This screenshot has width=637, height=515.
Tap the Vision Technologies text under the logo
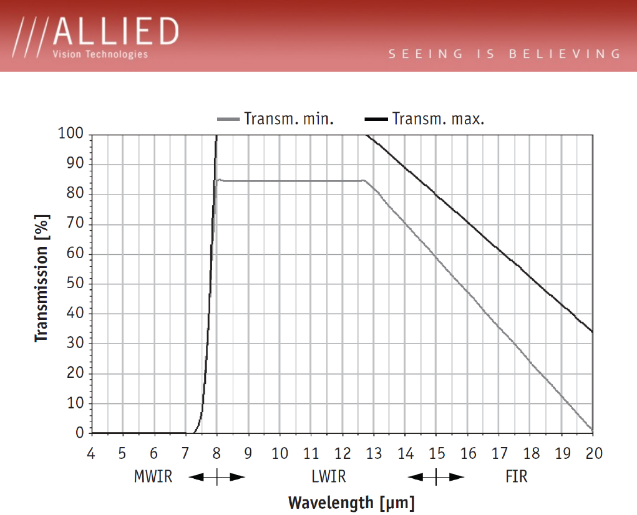pyautogui.click(x=100, y=54)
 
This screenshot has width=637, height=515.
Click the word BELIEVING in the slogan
pyautogui.click(x=565, y=54)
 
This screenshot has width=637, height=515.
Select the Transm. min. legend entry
pyautogui.click(x=275, y=118)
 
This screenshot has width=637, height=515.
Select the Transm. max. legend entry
pyautogui.click(x=424, y=118)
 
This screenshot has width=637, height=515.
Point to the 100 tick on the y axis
pyautogui.click(x=71, y=133)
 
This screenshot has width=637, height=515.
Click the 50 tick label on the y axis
pyautogui.click(x=75, y=284)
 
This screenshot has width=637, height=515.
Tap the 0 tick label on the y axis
pyautogui.click(x=79, y=433)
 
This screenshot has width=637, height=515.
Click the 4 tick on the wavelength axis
pyautogui.click(x=91, y=453)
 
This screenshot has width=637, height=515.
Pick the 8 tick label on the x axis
pyautogui.click(x=216, y=453)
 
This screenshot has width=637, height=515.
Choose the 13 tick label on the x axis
pyautogui.click(x=374, y=453)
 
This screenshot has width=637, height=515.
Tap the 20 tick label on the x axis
pyautogui.click(x=593, y=453)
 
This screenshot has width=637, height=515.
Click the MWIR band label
pyautogui.click(x=153, y=478)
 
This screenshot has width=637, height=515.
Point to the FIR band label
pyautogui.click(x=517, y=478)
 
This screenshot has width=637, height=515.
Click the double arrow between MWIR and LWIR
pyautogui.click(x=216, y=478)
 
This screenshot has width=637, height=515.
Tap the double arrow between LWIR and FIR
pyautogui.click(x=436, y=478)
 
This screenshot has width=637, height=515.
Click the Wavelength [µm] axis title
pyautogui.click(x=351, y=503)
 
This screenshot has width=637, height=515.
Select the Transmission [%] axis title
pyautogui.click(x=42, y=279)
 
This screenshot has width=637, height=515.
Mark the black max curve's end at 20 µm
pyautogui.click(x=592, y=332)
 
